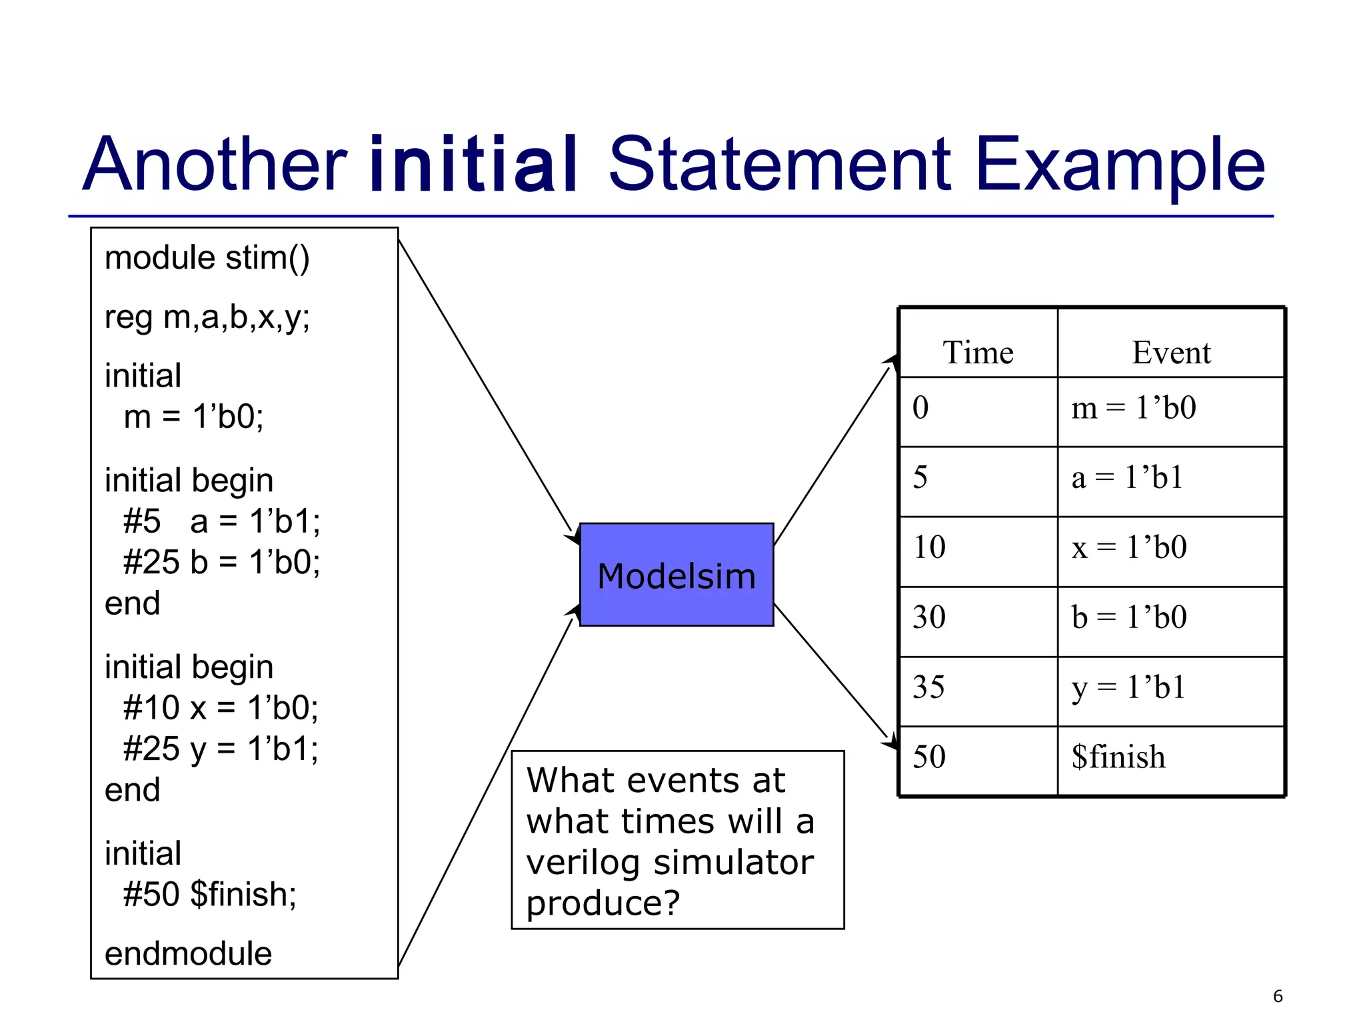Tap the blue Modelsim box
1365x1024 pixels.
[x=676, y=575]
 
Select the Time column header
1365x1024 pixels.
[x=977, y=352]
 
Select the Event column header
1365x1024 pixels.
[x=1170, y=352]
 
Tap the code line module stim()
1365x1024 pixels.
[x=207, y=258]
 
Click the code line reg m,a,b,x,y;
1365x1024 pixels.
[x=207, y=317]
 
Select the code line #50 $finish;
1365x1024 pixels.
[x=209, y=894]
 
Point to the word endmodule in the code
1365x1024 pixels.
[x=188, y=953]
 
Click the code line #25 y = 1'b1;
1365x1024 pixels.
[x=221, y=749]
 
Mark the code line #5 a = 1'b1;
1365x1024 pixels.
[x=221, y=521]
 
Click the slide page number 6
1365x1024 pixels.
[x=1277, y=996]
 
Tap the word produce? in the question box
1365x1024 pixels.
[x=603, y=903]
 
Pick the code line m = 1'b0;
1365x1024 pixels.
[x=193, y=417]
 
